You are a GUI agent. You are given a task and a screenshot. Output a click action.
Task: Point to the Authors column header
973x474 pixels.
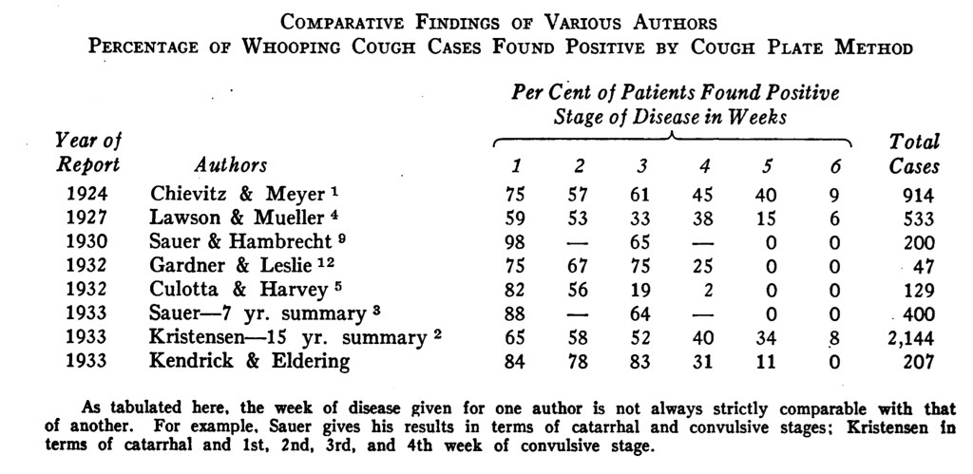pyautogui.click(x=231, y=165)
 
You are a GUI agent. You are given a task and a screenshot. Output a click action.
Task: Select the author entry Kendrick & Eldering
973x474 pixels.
pyautogui.click(x=250, y=361)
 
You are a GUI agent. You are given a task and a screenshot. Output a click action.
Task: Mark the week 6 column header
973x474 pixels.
pyautogui.click(x=834, y=166)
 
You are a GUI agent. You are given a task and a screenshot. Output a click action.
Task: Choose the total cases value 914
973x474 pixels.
pyautogui.click(x=919, y=197)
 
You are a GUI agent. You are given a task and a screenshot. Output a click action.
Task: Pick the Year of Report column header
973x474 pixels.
pyautogui.click(x=87, y=154)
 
